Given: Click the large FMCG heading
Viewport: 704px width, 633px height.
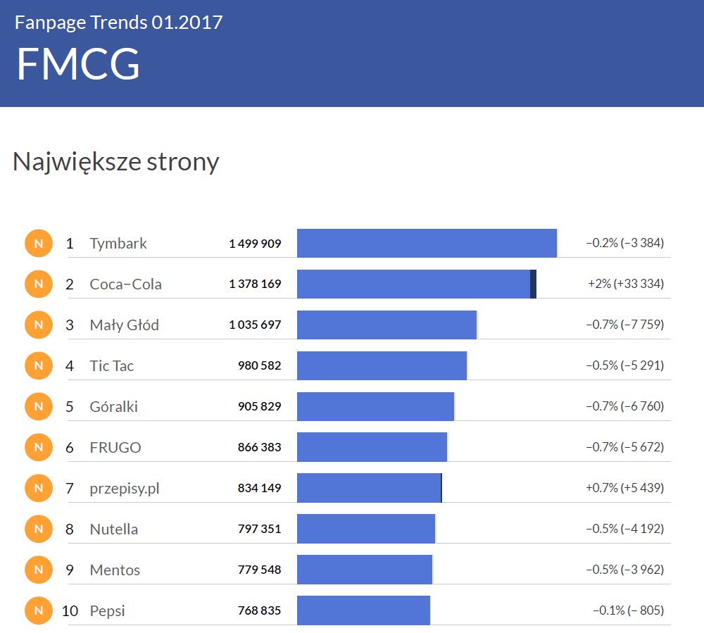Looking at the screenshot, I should tap(78, 64).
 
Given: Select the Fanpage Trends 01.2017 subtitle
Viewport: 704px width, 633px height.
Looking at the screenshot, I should tap(119, 23).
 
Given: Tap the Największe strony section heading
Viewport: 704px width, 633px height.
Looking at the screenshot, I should tap(116, 162).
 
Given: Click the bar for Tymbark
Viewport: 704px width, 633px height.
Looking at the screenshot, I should tap(427, 243).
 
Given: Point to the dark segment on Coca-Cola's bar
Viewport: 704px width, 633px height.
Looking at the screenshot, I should tap(533, 284).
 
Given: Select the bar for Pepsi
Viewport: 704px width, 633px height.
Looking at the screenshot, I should tap(363, 610).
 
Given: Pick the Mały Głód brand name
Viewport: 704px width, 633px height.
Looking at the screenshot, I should tap(125, 325).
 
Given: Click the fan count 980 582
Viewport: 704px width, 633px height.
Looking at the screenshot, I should tap(259, 365).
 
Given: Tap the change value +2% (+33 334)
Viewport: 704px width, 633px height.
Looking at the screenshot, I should tap(625, 284).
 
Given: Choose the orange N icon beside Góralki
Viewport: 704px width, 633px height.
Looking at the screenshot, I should tap(39, 406).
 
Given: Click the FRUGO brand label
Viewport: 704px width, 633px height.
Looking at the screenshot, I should tap(115, 447).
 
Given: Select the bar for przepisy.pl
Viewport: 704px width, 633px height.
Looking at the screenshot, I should tap(369, 488).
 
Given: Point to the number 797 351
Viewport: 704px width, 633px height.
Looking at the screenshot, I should tap(259, 529).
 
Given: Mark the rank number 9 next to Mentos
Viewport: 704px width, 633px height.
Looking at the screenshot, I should tap(70, 570).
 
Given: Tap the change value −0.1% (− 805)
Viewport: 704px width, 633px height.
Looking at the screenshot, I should tap(628, 610).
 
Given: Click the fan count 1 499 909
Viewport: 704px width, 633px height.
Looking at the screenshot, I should tap(255, 244).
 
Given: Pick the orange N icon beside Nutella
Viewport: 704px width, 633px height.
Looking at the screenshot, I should tap(39, 529).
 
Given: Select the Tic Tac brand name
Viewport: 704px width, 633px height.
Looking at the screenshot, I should tap(112, 365).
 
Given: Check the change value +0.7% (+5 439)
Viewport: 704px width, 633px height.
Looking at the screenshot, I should tap(624, 488).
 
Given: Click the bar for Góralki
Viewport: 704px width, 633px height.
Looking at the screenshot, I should tap(375, 406).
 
